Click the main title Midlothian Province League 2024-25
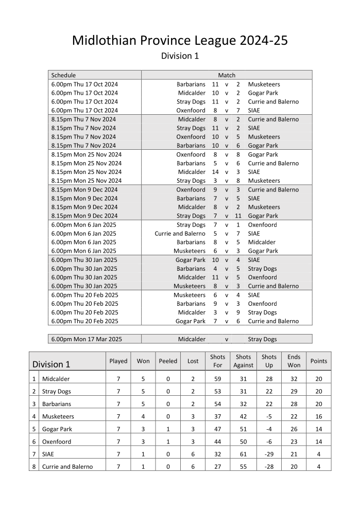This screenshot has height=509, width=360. pos(180,41)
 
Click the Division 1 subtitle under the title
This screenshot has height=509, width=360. pos(180,56)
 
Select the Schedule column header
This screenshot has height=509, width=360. pos(63,75)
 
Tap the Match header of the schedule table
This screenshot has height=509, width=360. pos(227,75)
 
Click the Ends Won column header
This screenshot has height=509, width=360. pos(294,361)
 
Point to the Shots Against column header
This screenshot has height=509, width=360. pos(243,361)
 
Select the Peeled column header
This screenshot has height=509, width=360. pos(168,361)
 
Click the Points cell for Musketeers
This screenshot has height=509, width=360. pos(318,417)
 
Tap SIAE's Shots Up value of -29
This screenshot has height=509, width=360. pos(268,454)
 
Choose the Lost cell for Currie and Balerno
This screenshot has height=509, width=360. pos(193,467)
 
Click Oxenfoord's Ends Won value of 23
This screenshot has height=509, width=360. pos(294,442)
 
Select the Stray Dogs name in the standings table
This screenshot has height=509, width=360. pos(57,392)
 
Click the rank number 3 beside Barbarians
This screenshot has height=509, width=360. pos(34,405)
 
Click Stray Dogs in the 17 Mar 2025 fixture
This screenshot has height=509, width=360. pos(262,339)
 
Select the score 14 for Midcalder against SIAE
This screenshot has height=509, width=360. pos(215,172)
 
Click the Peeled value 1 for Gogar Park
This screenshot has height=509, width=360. pos(168,429)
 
